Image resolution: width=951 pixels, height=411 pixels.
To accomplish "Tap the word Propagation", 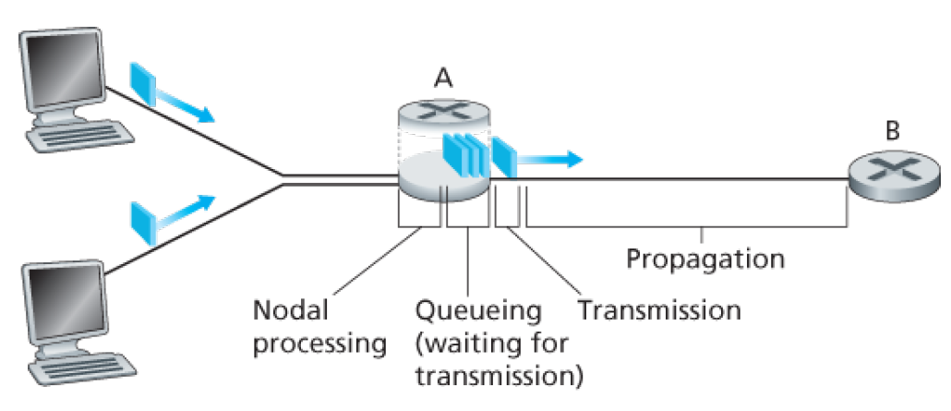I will (705, 257).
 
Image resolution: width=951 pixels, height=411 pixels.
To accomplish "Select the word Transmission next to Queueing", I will (659, 308).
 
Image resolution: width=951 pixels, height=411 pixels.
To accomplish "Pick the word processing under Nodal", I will (319, 344).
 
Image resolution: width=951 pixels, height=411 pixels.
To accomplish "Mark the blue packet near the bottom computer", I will (144, 221).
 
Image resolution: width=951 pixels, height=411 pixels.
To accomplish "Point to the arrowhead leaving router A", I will (574, 159).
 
